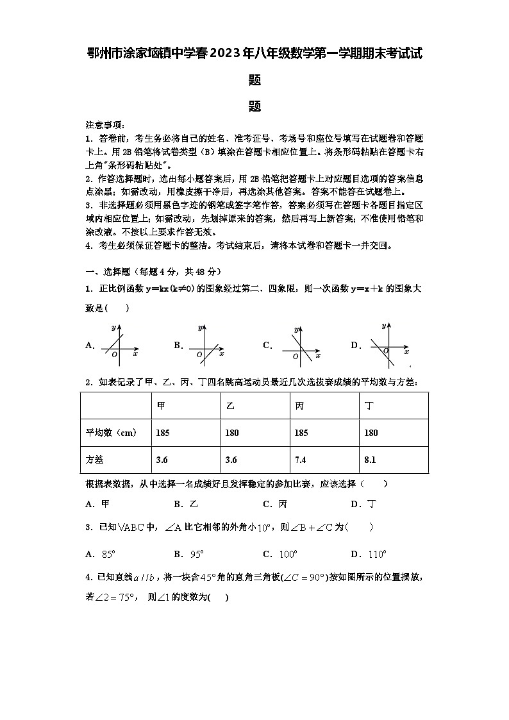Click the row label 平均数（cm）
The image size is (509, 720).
(x=111, y=433)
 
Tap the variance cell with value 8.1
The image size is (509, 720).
(x=371, y=460)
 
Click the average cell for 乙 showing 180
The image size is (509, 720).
(x=231, y=433)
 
